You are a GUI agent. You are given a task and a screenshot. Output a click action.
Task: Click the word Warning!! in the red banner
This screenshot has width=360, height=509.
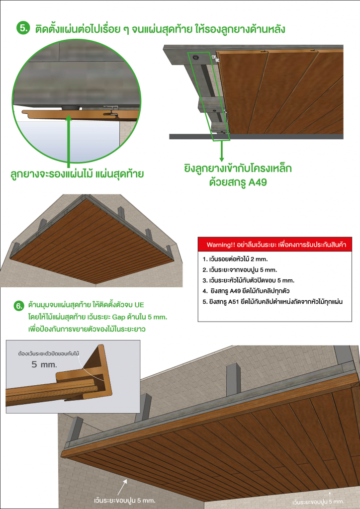click(x=222, y=246)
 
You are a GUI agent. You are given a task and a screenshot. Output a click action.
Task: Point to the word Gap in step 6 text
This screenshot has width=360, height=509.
click(x=124, y=317)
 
